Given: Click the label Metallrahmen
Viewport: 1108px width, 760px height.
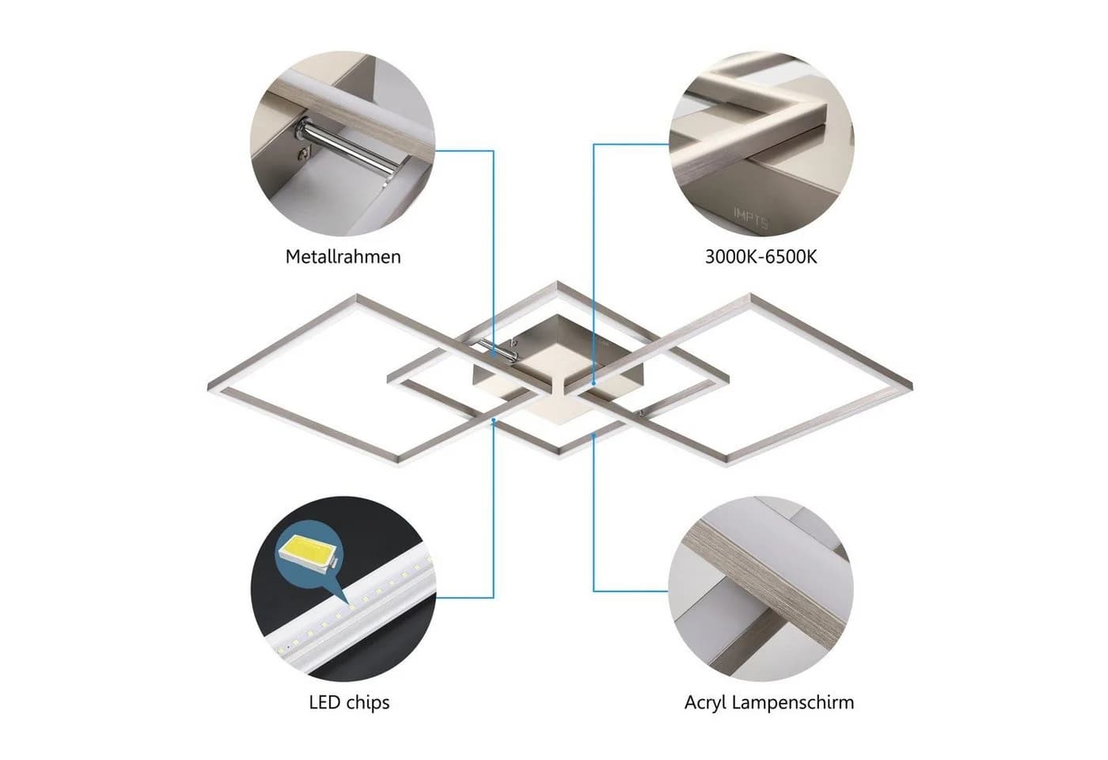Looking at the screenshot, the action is pos(343,256).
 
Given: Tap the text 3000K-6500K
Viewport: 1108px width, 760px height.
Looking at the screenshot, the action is pos(761,257).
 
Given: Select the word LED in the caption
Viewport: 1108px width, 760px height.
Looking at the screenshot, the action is pos(324,702).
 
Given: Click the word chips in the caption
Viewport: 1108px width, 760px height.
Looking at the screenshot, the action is pos(368,703).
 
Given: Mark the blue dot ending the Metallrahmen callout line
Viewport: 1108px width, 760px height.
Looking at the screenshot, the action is pos(494,355).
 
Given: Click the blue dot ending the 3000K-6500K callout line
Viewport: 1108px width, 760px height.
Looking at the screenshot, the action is pos(594,383).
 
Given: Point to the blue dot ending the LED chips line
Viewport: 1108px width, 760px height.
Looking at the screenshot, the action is pos(494,420).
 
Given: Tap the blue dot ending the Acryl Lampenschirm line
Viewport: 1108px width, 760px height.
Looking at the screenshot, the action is pos(594,435).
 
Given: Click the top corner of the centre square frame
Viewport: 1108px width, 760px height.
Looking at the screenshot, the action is pos(557,282).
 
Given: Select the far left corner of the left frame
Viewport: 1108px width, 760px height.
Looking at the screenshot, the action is pos(209,387).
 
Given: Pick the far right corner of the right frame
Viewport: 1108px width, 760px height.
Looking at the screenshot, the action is pos(912,386).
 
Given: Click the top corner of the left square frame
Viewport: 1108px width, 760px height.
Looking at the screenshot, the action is pos(356,295).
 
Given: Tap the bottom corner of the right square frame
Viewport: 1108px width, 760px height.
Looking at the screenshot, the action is pos(725,465).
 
